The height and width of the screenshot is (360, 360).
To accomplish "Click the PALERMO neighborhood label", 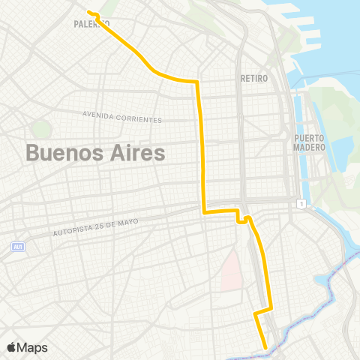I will pyautogui.click(x=91, y=24).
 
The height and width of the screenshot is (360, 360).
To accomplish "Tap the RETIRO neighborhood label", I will pyautogui.click(x=253, y=78).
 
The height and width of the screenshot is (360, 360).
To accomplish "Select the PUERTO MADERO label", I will pyautogui.click(x=310, y=142).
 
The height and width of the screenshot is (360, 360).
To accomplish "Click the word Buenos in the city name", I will pyautogui.click(x=62, y=153).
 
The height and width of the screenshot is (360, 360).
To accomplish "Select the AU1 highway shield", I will pyautogui.click(x=18, y=246).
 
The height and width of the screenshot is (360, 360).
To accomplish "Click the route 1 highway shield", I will pyautogui.click(x=301, y=203).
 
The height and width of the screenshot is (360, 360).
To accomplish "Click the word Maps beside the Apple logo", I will pyautogui.click(x=34, y=348).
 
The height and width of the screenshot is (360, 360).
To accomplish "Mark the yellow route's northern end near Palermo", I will pyautogui.click(x=88, y=12).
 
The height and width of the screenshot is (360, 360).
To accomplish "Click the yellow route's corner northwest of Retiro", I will pyautogui.click(x=196, y=81).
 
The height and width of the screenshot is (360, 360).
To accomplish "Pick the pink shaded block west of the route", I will pyautogui.click(x=232, y=270).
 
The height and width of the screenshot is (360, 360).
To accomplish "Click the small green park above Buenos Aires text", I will pyautogui.click(x=42, y=128).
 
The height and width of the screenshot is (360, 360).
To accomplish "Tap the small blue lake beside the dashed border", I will pyautogui.click(x=325, y=282).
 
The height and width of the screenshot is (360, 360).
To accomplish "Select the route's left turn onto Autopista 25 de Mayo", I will pyautogui.click(x=203, y=212).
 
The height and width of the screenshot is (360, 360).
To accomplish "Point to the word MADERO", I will pyautogui.click(x=310, y=147).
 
